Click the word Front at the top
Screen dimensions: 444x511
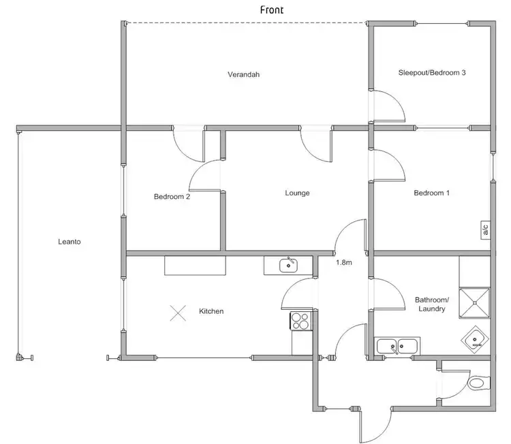point(272,10)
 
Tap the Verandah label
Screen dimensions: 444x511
point(244,74)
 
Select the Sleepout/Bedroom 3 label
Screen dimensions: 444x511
point(431,72)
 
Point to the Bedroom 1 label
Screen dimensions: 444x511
point(432,193)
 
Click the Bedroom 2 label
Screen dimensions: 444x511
point(172,197)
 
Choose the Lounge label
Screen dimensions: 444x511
point(297,193)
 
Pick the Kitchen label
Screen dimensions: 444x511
point(211,311)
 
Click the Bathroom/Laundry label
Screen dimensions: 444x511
point(432,304)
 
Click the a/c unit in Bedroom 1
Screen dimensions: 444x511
point(485,230)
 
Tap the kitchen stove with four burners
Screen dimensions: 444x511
point(300,320)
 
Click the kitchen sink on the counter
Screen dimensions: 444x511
point(288,265)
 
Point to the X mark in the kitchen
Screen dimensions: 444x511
point(178,313)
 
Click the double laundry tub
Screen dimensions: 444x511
point(399,346)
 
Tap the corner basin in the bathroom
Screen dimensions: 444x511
point(477,339)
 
